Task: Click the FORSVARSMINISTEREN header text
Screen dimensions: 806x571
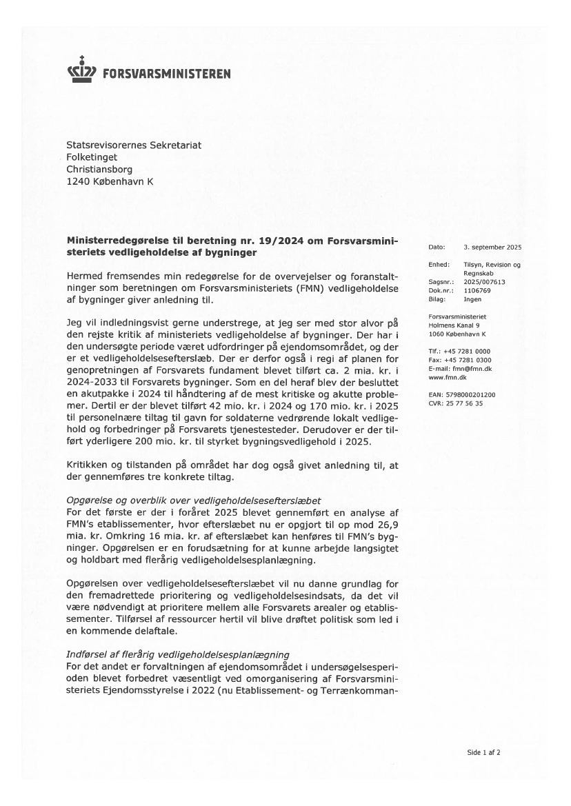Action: click(x=166, y=74)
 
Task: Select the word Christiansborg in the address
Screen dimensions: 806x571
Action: click(x=99, y=168)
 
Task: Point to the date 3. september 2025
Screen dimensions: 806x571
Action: click(x=492, y=247)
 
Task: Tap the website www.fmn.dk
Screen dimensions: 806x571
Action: click(x=447, y=378)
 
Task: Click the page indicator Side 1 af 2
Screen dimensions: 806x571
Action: click(x=483, y=752)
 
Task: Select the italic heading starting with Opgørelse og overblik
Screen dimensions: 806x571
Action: click(x=194, y=499)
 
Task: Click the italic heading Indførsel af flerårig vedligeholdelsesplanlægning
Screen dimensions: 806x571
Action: click(x=177, y=654)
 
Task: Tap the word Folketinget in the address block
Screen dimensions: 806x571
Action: click(x=92, y=157)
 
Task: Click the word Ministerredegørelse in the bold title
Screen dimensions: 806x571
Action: click(x=118, y=241)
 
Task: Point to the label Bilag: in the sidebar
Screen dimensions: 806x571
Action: click(x=437, y=299)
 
